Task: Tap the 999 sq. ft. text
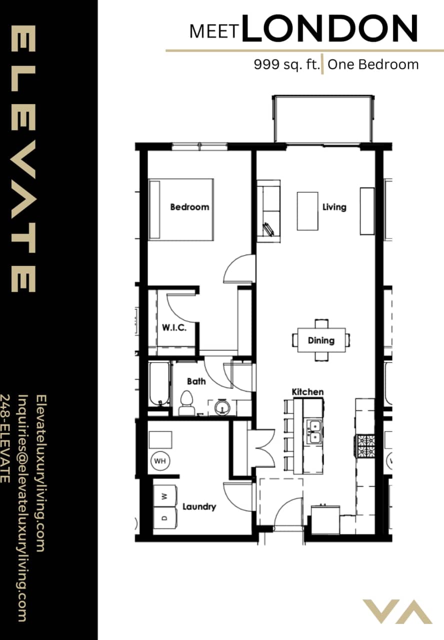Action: (x=286, y=65)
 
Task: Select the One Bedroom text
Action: (x=373, y=65)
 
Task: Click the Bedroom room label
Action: (x=189, y=207)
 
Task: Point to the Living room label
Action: (x=334, y=207)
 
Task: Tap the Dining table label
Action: (x=321, y=340)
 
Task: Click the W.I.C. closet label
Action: (x=174, y=328)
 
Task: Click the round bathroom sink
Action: (x=221, y=407)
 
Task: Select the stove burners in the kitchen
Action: (x=365, y=445)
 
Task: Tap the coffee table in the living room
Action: (x=307, y=211)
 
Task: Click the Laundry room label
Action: (x=199, y=506)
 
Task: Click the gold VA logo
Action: (x=397, y=611)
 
